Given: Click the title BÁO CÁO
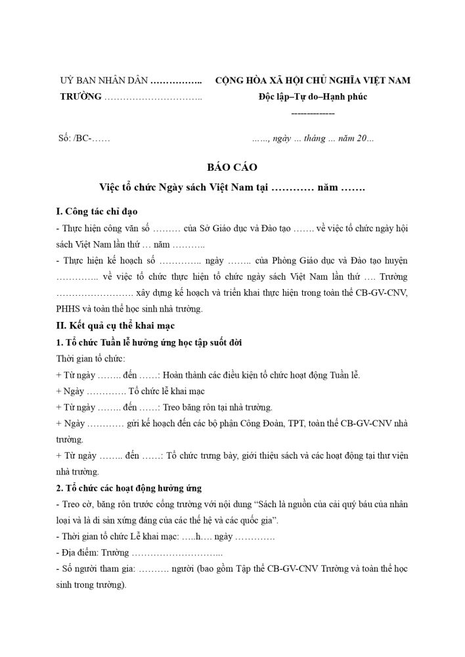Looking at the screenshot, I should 232,167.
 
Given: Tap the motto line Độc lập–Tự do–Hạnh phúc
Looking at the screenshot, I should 313,97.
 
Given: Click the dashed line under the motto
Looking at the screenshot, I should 313,114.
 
